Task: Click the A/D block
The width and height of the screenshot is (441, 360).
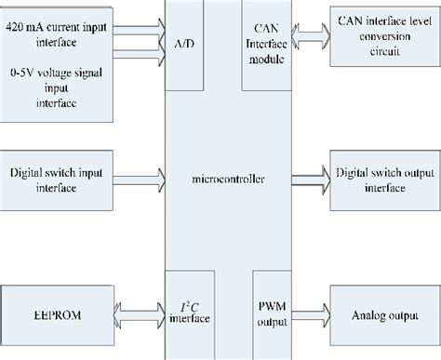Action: coord(183,44)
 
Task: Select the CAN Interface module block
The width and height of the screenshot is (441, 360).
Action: coord(268,44)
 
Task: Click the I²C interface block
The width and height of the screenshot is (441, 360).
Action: coord(184,313)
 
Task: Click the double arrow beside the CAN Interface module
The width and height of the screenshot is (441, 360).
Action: coord(312,45)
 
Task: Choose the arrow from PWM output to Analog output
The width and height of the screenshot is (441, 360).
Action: coord(312,314)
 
